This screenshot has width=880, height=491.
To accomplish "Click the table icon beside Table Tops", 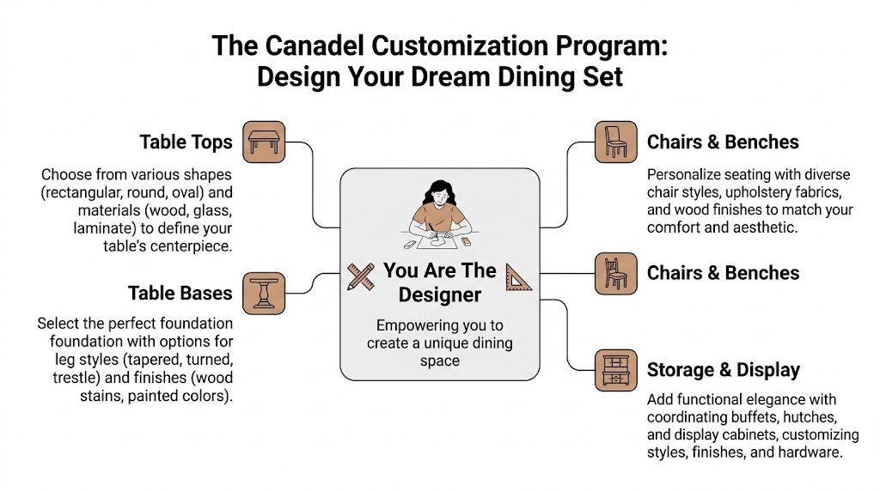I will click(263, 142).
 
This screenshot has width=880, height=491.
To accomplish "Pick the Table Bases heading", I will click(180, 294).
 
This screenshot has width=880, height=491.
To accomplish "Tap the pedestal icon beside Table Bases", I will click(263, 294).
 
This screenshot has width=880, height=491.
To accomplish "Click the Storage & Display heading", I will click(723, 370).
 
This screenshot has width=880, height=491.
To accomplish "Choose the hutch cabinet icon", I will click(616, 370).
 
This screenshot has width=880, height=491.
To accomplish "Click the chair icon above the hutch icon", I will click(615, 273).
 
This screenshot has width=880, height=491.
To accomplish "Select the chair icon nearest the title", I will click(615, 142).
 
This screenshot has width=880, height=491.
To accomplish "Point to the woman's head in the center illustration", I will click(439, 194).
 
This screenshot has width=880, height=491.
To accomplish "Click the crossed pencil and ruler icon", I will click(361, 276).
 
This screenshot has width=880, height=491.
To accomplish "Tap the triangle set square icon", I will click(519, 276).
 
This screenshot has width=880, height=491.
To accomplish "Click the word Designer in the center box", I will click(440, 295).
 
